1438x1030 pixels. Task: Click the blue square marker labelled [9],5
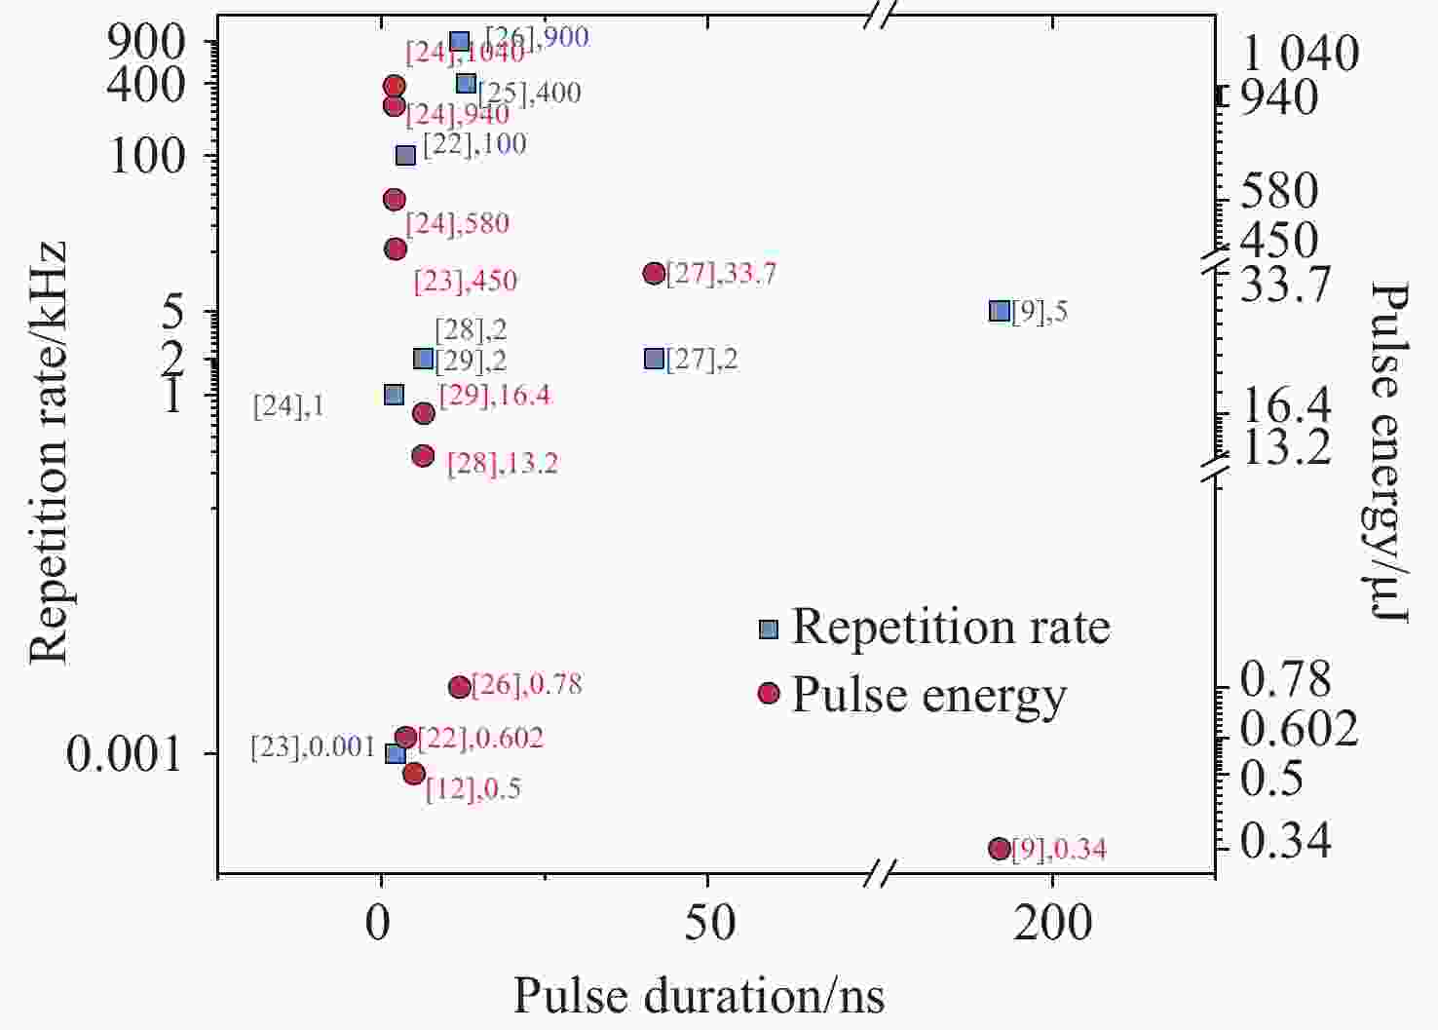click(x=999, y=311)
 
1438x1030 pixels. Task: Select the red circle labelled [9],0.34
click(x=999, y=849)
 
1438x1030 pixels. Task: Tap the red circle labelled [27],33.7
click(x=654, y=273)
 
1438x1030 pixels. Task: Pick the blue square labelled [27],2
click(x=654, y=359)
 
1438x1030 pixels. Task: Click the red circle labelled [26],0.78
click(x=460, y=687)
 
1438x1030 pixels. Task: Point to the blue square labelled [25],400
click(x=466, y=84)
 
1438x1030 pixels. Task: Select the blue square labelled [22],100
click(x=405, y=155)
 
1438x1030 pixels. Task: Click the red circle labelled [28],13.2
click(x=423, y=455)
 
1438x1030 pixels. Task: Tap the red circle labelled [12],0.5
click(x=414, y=773)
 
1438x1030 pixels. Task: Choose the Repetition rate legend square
click(x=769, y=629)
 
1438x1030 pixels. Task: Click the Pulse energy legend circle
click(x=769, y=693)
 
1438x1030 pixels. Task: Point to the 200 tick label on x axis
click(x=1052, y=922)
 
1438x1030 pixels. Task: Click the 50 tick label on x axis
click(x=708, y=922)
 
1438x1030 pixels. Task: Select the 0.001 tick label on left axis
click(x=125, y=753)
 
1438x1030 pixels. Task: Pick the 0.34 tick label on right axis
click(x=1285, y=841)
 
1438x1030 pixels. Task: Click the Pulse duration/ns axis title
click(x=699, y=996)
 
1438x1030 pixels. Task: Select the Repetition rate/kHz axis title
click(x=49, y=453)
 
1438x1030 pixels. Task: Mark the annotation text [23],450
click(x=466, y=282)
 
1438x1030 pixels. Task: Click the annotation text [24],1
click(x=288, y=406)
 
